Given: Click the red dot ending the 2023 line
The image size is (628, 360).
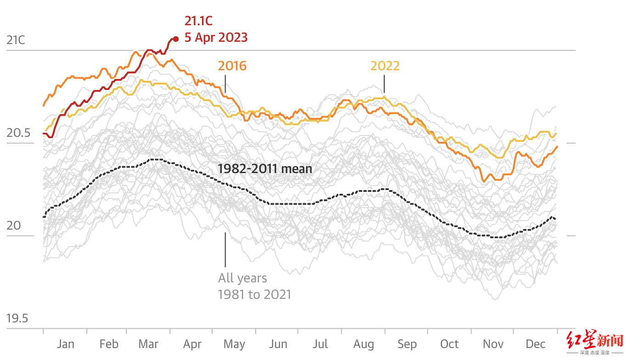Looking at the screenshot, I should click(175, 39).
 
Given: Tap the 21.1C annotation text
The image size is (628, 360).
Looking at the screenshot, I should click(198, 21).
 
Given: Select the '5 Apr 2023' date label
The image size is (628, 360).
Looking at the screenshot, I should click(216, 37).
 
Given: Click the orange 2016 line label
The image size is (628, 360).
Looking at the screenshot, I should click(232, 66).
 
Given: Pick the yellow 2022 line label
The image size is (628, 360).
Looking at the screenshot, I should click(385, 66).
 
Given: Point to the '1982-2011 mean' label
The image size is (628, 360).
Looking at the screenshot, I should click(265, 169).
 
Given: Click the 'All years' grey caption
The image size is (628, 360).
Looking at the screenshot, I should click(242, 278).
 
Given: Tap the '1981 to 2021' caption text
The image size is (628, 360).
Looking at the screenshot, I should click(254, 294).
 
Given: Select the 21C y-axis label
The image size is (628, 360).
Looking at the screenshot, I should click(16, 40).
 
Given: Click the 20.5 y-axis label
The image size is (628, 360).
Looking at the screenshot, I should click(19, 133).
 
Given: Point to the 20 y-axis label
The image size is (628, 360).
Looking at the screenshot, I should click(14, 226).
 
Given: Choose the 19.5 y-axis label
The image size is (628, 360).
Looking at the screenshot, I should click(17, 318).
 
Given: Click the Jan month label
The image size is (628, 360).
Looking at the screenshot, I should click(65, 344).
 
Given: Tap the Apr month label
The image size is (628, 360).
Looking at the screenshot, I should click(192, 344).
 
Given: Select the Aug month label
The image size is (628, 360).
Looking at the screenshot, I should click(364, 344).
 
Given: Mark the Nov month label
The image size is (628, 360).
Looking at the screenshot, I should click(493, 344).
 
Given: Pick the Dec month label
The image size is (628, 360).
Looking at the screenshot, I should click(535, 344).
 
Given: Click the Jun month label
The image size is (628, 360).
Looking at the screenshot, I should click(278, 344).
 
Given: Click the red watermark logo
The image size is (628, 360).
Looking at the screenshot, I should click(595, 341).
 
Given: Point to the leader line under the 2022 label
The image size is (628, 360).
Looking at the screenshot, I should click(384, 85).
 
